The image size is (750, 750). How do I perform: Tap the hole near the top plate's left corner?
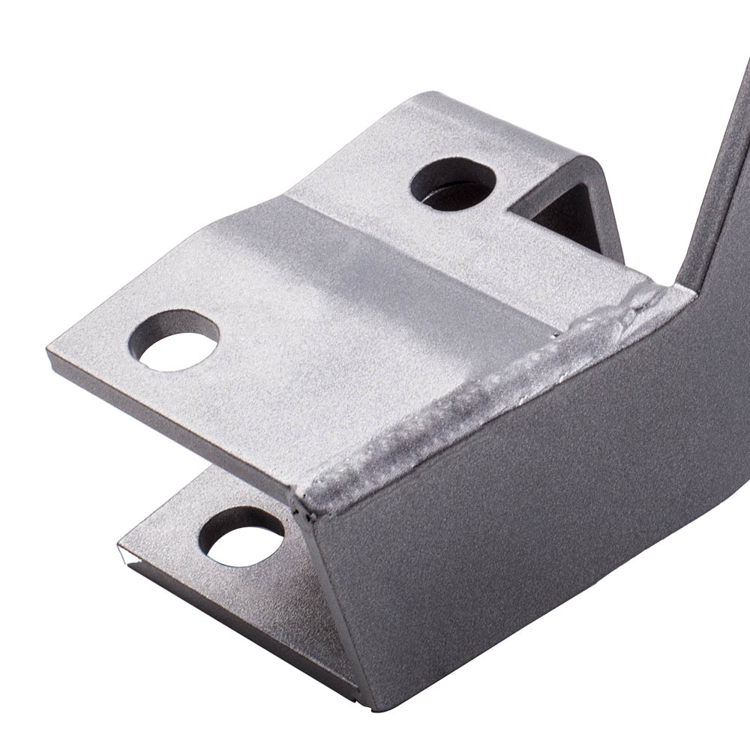click(x=173, y=341)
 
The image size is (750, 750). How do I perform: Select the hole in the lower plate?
click(x=241, y=537)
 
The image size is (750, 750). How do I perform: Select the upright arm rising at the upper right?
click(x=720, y=187)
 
